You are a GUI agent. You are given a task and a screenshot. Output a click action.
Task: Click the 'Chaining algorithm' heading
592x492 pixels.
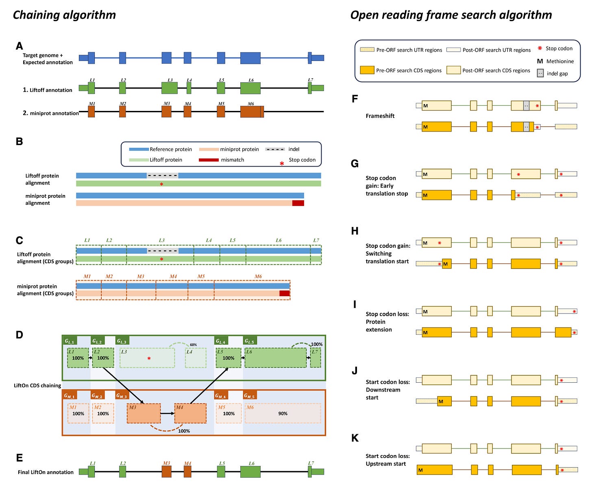tap(64, 15)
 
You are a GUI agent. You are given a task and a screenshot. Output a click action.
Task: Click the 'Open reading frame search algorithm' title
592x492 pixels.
tap(451, 15)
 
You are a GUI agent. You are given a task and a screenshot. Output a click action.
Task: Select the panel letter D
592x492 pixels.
tap(19, 335)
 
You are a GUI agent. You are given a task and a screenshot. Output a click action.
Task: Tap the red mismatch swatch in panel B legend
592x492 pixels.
tap(209, 160)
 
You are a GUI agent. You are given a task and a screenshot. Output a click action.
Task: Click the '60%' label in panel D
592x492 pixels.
tap(193, 345)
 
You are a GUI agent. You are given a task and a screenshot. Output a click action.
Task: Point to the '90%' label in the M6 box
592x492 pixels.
tap(283, 414)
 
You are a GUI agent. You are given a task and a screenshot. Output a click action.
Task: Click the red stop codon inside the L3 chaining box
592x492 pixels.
tap(149, 359)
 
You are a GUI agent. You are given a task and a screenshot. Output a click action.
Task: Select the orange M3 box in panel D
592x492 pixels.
tap(144, 413)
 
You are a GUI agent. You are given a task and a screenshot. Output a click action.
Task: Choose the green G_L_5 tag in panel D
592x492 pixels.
tap(250, 341)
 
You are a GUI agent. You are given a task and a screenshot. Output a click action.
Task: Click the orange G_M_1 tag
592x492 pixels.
tap(69, 395)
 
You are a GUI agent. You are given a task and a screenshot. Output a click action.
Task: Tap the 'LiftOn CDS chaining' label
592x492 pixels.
tap(37, 386)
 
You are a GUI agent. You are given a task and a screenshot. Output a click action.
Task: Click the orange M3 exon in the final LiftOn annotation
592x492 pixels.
tap(166, 472)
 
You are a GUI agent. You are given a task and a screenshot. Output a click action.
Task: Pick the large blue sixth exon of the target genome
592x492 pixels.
tap(250, 58)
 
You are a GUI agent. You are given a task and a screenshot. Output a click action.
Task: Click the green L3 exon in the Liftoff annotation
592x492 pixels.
tap(170, 88)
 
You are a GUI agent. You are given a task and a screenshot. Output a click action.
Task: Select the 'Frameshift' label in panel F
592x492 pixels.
tap(380, 116)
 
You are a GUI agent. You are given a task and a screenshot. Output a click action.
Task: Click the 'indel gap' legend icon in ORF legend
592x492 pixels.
tap(540, 74)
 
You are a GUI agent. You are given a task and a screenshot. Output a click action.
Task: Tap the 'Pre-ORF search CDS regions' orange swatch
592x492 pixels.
tap(367, 70)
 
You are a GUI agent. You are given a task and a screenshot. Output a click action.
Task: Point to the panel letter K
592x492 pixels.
tap(355, 438)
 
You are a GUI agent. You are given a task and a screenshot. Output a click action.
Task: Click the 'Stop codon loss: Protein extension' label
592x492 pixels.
tap(387, 322)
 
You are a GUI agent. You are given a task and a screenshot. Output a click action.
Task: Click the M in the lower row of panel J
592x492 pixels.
tap(441, 401)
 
